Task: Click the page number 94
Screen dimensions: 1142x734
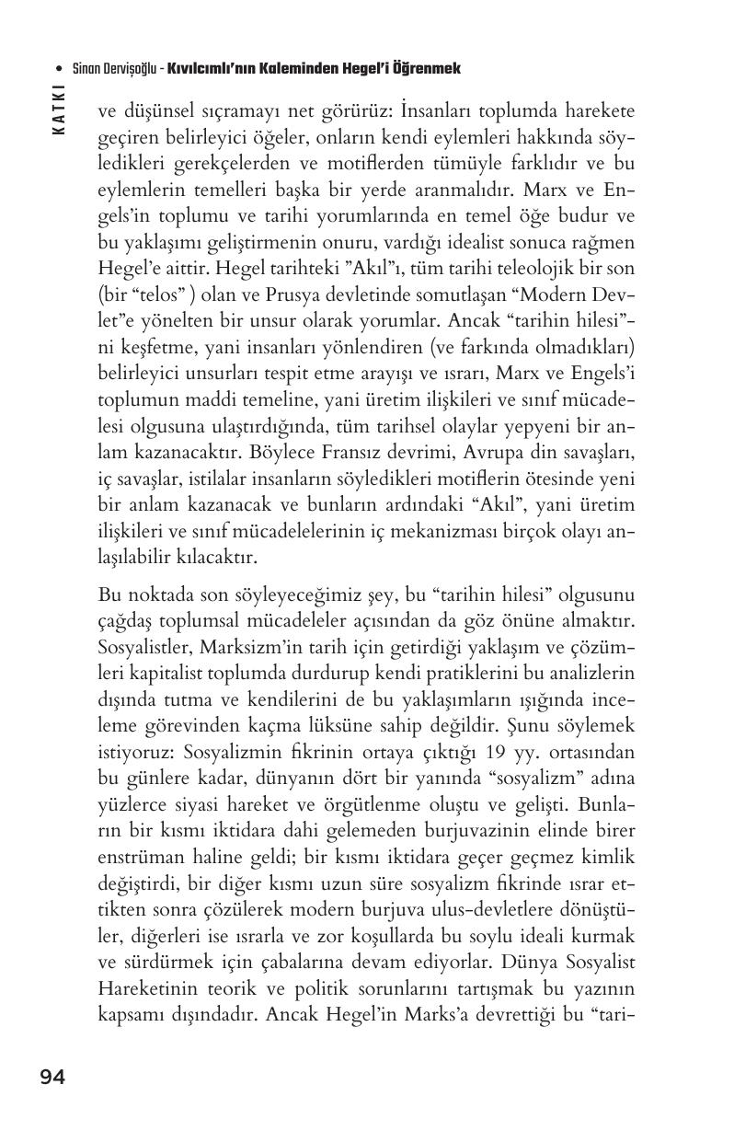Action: (x=52, y=1078)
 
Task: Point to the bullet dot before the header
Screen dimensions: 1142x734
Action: (x=60, y=69)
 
